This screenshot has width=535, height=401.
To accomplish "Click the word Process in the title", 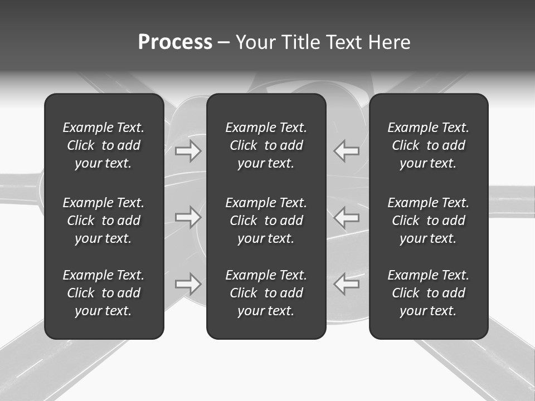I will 175,42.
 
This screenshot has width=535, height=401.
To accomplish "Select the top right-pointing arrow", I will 188,151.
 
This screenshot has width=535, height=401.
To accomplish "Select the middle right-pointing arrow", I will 188,217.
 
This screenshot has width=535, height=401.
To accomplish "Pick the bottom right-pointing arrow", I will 188,284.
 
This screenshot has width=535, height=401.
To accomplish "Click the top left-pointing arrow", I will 346,151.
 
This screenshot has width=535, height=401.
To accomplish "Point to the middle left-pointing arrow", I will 346,217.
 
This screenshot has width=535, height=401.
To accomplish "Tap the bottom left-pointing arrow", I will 346,284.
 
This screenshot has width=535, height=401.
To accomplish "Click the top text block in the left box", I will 104,145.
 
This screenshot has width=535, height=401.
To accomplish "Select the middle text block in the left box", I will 104,221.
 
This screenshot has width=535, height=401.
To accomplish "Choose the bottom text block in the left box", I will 104,293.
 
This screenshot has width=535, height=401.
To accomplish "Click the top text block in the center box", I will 266,145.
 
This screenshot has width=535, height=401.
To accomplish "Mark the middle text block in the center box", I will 266,221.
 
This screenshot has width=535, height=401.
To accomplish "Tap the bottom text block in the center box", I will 266,293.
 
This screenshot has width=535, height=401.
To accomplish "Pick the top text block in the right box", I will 428,145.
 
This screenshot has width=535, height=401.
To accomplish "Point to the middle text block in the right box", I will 428,221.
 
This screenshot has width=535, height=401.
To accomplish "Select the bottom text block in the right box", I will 428,293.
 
